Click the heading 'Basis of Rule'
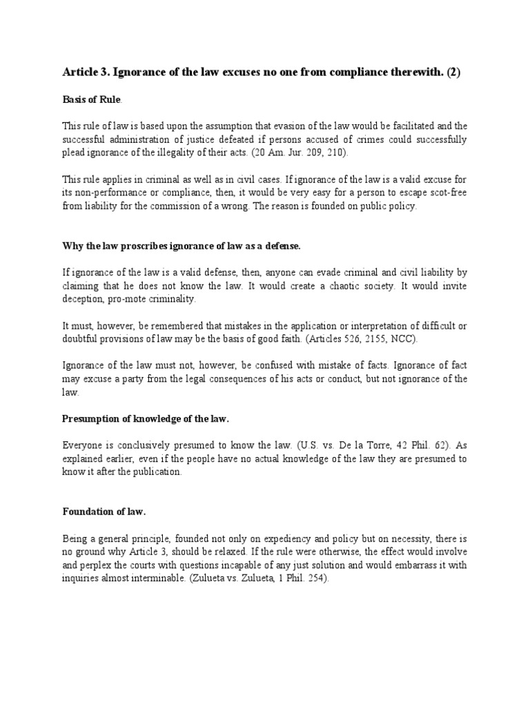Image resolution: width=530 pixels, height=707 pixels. pyautogui.click(x=92, y=100)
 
